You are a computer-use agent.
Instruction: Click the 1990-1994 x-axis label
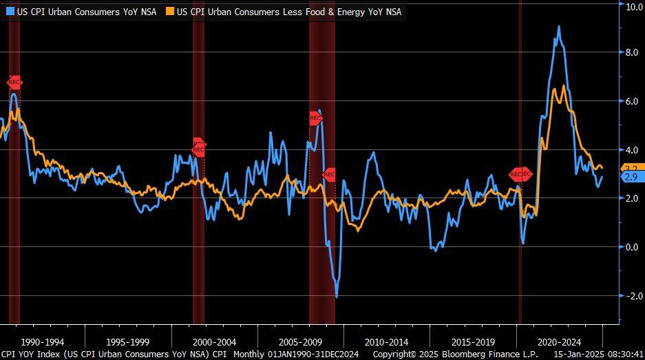click(x=43, y=341)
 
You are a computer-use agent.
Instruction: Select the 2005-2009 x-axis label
click(x=301, y=341)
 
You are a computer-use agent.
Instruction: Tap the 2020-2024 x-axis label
click(x=559, y=341)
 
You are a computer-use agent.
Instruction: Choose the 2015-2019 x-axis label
click(x=473, y=341)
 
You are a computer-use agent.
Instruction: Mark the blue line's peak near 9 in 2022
click(x=558, y=27)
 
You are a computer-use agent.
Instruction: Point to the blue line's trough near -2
click(x=337, y=297)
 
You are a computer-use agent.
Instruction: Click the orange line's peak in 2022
click(x=564, y=86)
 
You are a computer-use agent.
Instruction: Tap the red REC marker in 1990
click(x=14, y=83)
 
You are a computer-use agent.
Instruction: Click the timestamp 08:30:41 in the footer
click(x=624, y=354)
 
